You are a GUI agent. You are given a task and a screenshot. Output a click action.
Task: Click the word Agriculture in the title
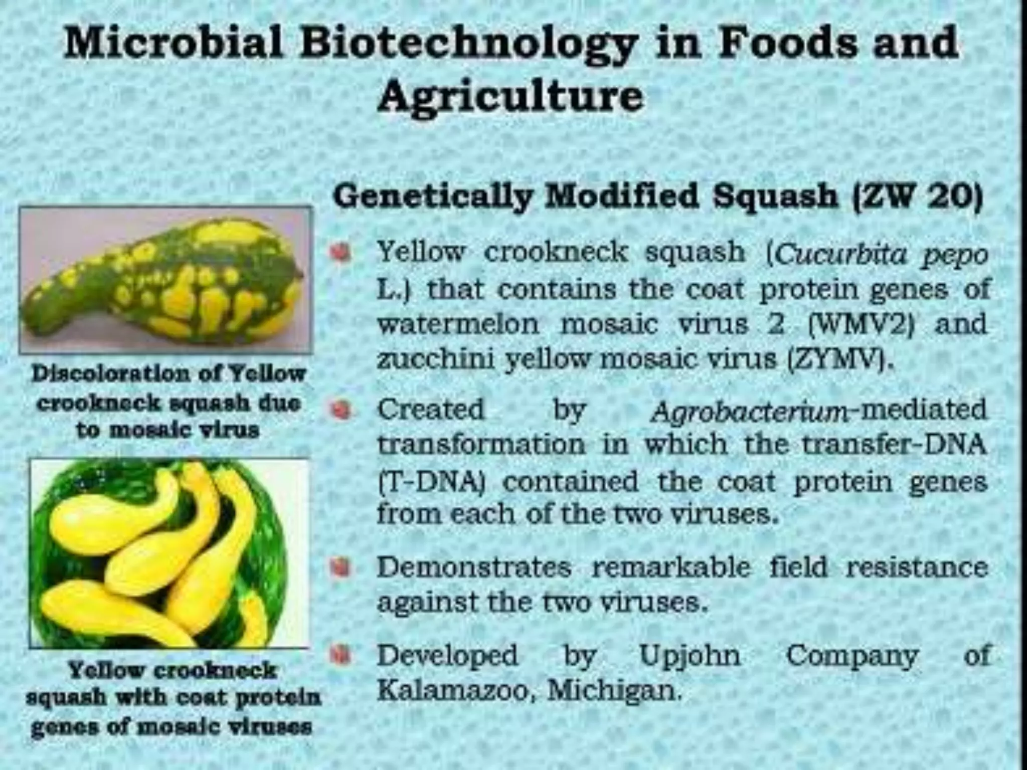pos(510,96)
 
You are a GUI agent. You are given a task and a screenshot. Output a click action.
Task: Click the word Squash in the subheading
pos(775,197)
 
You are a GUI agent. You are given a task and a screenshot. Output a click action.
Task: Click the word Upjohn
pos(690,655)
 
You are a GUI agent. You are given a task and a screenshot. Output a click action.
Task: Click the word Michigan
pos(614,691)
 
